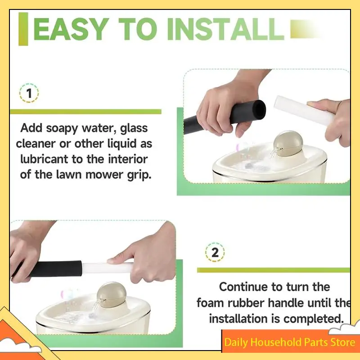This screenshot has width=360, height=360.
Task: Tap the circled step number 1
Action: pyautogui.click(x=29, y=94)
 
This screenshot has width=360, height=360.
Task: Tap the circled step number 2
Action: pyautogui.click(x=215, y=252)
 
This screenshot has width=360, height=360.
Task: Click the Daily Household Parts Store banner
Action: pyautogui.click(x=290, y=342)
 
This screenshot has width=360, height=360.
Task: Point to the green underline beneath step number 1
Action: pyautogui.click(x=85, y=111)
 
